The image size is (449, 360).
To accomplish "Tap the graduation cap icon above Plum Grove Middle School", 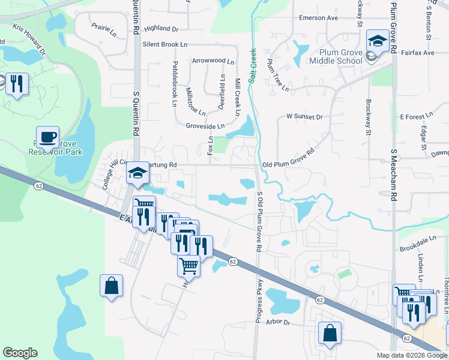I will tap(378, 41).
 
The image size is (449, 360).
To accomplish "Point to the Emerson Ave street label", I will tap(319, 18).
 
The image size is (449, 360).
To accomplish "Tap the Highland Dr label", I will tap(161, 28).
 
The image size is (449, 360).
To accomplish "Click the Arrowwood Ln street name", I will tap(213, 61).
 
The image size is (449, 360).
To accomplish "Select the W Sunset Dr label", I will tap(304, 116).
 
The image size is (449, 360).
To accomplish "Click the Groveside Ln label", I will tap(205, 127).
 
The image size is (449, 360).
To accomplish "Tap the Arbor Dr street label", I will tap(279, 323).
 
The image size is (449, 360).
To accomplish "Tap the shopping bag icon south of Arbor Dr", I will tap(330, 334).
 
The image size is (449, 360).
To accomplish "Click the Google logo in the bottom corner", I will tap(20, 353).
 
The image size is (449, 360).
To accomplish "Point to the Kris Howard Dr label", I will tap(28, 39).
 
